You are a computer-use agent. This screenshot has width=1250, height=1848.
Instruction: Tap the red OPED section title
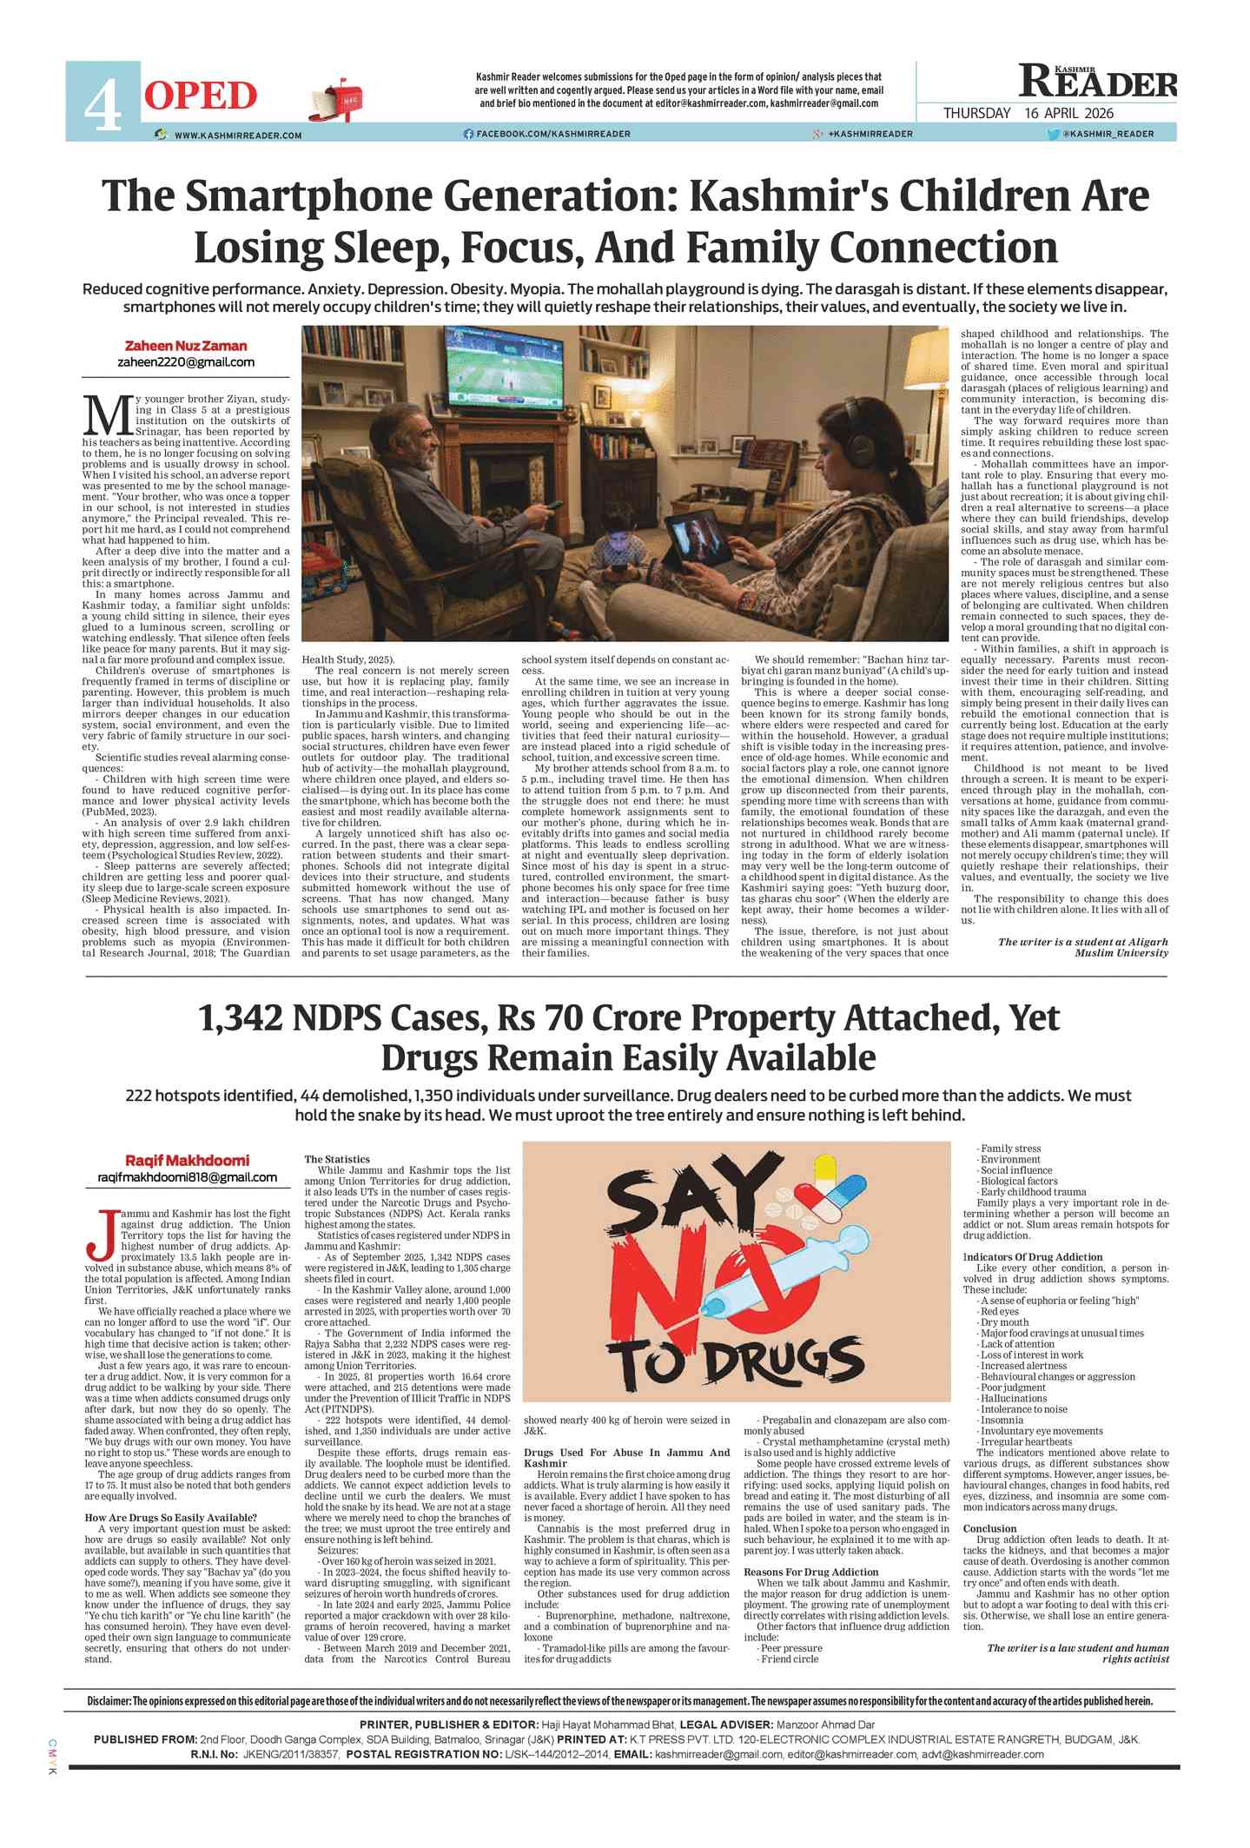tap(201, 96)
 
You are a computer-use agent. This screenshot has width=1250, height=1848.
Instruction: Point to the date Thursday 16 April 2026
tap(1028, 113)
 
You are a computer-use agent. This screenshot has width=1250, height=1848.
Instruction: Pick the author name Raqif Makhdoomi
tap(187, 1161)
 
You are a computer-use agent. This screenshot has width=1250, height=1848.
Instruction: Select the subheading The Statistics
tap(337, 1159)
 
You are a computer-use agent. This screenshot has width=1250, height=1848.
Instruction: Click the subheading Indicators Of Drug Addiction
tap(1033, 1257)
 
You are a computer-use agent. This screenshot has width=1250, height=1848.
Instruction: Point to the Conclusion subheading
tap(989, 1528)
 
